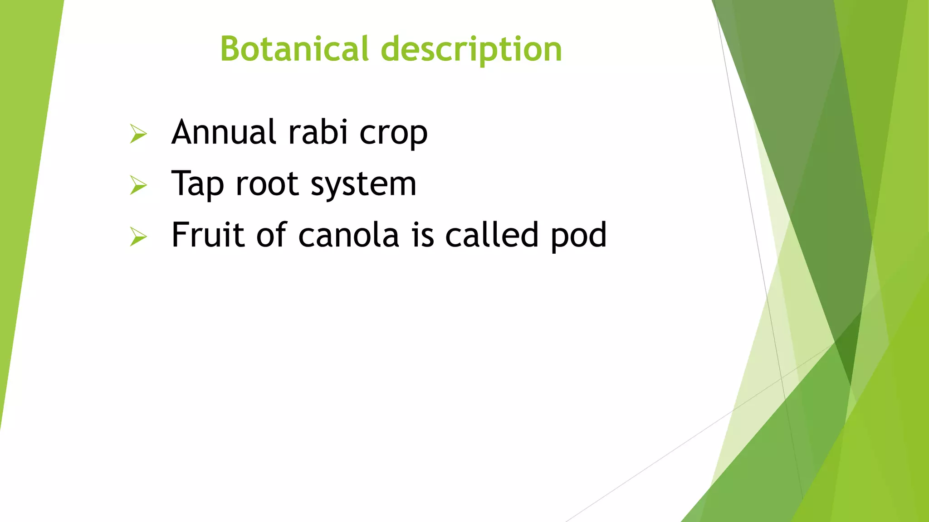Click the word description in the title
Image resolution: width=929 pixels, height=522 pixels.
coord(471,50)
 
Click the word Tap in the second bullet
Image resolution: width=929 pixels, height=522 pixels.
coord(197,185)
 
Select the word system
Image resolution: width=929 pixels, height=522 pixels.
coord(363,185)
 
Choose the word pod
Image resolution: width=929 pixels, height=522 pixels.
coord(578,236)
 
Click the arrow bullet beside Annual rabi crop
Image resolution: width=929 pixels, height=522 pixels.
coord(138,134)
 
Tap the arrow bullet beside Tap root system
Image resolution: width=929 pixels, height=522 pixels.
coord(138,185)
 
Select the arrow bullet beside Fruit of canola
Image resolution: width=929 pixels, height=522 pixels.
coord(138,237)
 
